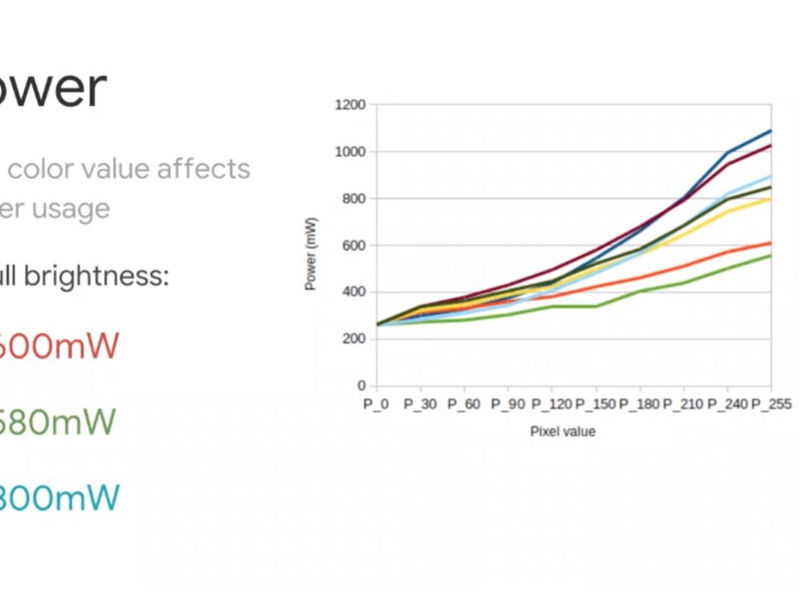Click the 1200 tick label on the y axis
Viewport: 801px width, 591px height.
350,105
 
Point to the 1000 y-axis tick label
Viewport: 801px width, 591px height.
350,152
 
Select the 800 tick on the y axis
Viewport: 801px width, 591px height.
353,198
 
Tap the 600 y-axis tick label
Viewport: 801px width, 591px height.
353,246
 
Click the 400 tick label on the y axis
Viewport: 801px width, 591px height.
353,292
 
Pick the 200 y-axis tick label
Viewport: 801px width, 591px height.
353,339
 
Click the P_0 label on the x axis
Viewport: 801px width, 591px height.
376,405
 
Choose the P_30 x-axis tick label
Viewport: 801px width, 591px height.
420,405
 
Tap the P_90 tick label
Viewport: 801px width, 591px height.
508,405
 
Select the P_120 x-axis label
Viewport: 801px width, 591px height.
552,405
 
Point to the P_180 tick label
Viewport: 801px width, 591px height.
639,405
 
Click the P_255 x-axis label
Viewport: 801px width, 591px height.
771,405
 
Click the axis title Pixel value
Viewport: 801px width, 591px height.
562,431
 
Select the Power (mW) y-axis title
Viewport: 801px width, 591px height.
311,254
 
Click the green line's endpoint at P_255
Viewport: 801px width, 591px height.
770,256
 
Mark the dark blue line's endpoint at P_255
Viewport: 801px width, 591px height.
770,131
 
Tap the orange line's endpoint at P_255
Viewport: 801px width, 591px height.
770,242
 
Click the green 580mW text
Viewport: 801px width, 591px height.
57,422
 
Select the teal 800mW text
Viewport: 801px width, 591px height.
57,498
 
